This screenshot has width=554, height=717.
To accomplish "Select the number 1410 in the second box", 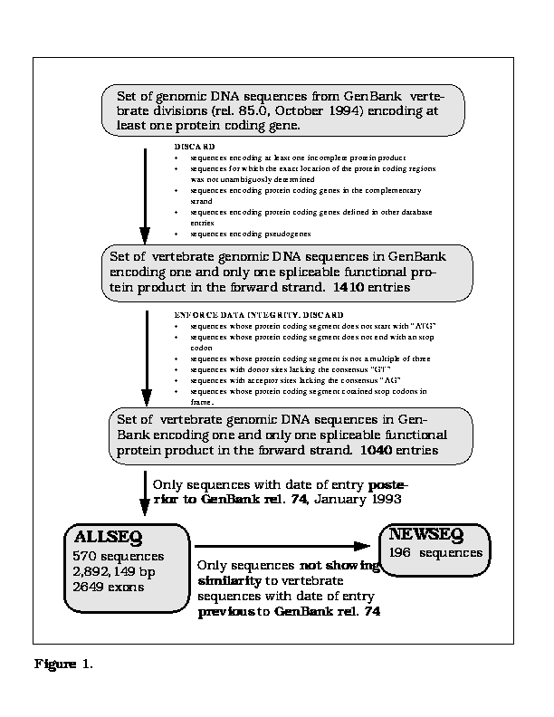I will (349, 287).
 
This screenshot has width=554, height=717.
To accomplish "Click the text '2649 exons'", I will (110, 587).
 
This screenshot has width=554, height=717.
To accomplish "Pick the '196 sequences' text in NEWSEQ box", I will (435, 552).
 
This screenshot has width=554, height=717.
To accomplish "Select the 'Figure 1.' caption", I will (63, 664).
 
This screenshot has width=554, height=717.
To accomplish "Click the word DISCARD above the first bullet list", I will (195, 146).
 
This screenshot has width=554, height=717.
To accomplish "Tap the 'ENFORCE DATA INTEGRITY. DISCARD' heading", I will (258, 314).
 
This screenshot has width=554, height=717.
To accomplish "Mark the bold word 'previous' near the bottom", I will (225, 612).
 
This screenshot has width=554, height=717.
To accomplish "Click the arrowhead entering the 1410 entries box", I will (145, 235).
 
